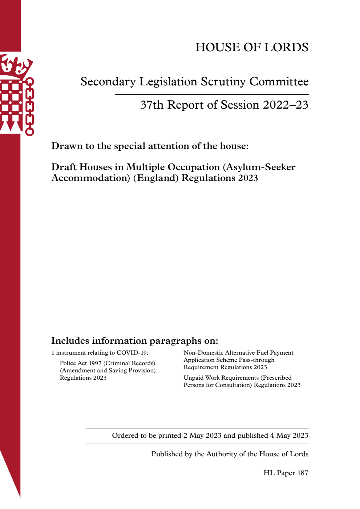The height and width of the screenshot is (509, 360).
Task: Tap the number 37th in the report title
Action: [x=152, y=105]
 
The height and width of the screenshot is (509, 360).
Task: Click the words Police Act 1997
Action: [x=81, y=363]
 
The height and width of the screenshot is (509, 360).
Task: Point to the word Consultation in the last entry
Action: [x=233, y=385]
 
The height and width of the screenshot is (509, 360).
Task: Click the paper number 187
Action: [x=303, y=473]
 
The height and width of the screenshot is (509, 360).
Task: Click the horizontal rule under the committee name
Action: [x=211, y=94]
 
